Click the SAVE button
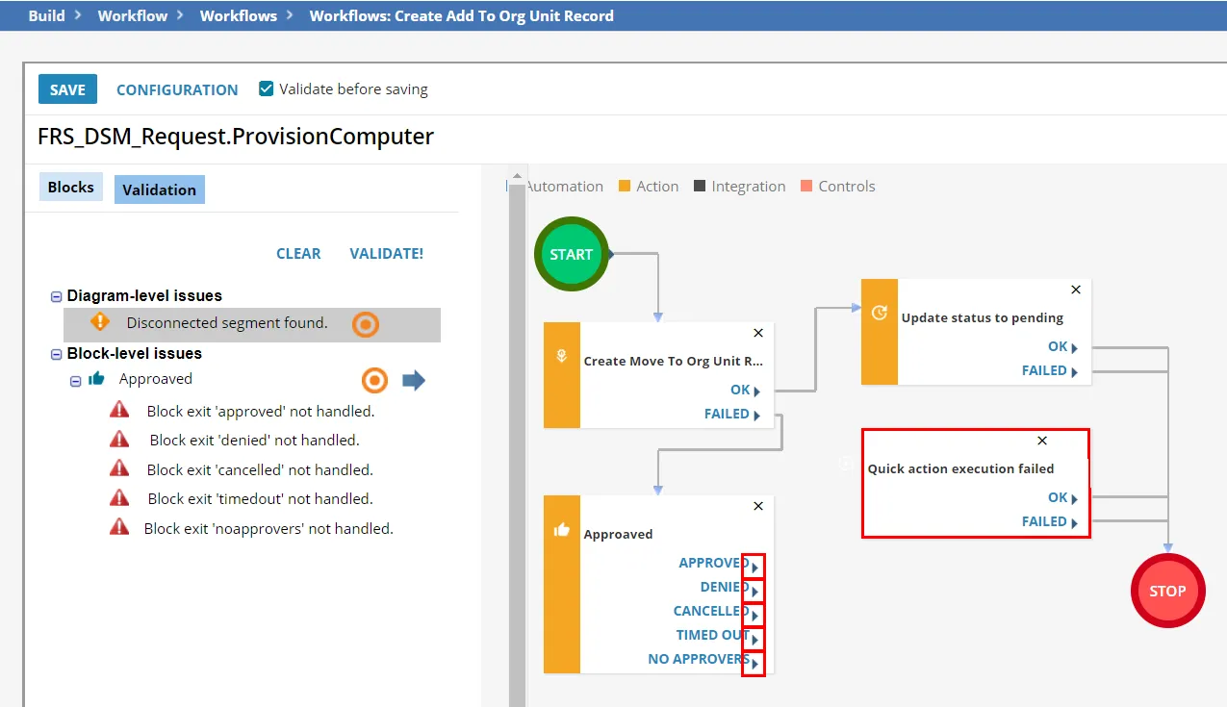(x=67, y=89)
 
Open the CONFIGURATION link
(x=177, y=89)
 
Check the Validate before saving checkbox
(x=267, y=88)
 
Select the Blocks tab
(x=70, y=187)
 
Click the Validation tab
(x=160, y=189)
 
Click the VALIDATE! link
(x=386, y=254)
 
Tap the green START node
(x=572, y=254)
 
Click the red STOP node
(x=1168, y=591)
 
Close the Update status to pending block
(x=1076, y=290)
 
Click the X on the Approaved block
(x=758, y=506)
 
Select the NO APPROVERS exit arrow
(x=754, y=664)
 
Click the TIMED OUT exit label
(x=712, y=635)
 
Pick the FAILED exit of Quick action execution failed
(x=1049, y=522)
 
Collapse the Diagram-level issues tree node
(x=56, y=296)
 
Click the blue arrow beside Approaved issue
(x=414, y=380)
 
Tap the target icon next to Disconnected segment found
(x=366, y=324)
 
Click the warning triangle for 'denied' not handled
(x=119, y=440)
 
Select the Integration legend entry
(x=739, y=187)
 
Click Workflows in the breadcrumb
(x=239, y=16)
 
